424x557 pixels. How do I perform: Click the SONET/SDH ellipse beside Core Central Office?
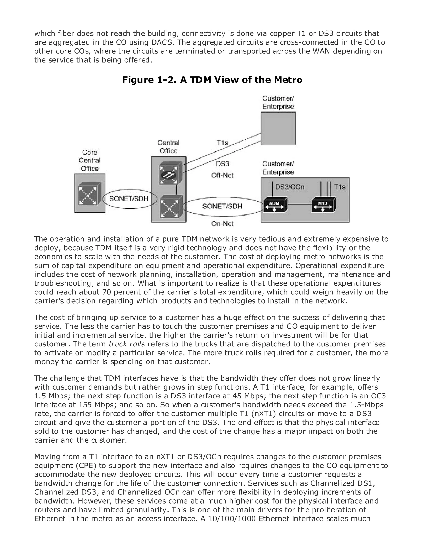[x=129, y=199]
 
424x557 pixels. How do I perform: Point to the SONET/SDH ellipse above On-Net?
[x=222, y=206]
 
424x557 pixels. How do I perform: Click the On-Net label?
[x=222, y=224]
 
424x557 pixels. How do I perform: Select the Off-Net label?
[x=222, y=175]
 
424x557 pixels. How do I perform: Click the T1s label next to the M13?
[x=340, y=187]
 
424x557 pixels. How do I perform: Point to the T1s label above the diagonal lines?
[x=222, y=143]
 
